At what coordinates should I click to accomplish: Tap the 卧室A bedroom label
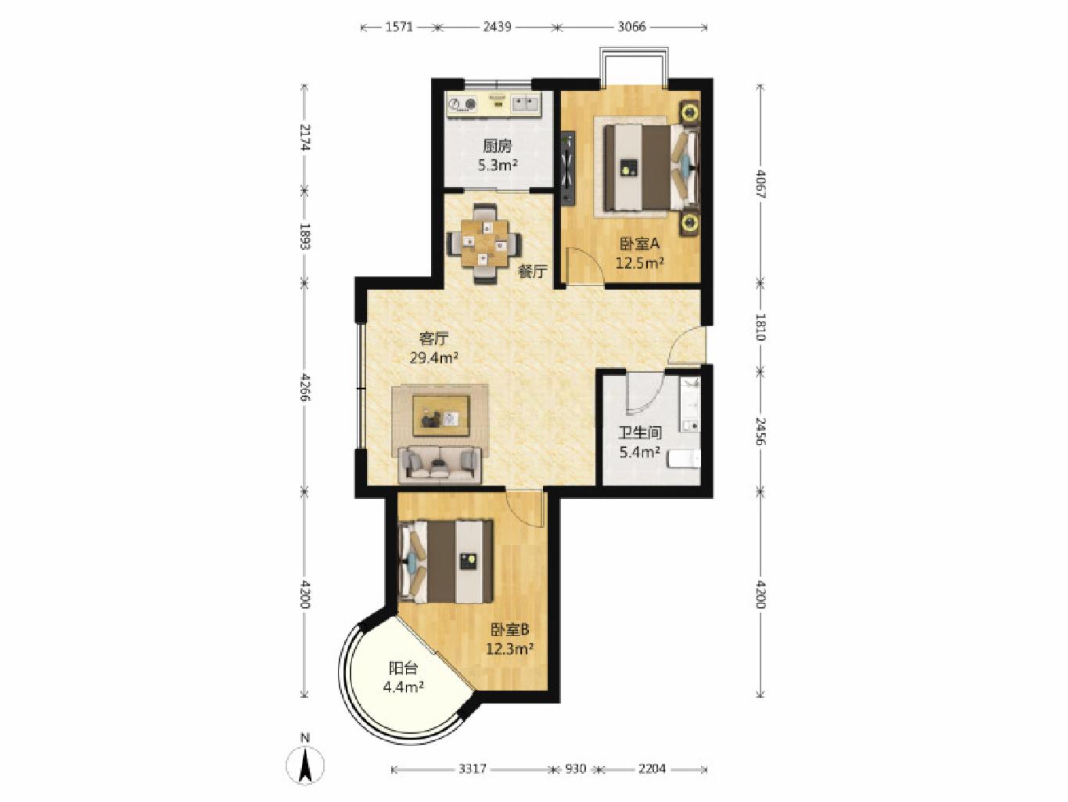639,243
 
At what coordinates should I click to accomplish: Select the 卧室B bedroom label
509,630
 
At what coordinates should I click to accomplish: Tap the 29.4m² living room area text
434,359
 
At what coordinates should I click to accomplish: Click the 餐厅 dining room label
533,272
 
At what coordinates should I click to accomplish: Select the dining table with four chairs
484,244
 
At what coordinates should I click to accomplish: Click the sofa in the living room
440,465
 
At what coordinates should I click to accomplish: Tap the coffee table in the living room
441,416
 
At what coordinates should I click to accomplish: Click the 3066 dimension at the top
631,27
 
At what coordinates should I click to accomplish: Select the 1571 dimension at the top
399,27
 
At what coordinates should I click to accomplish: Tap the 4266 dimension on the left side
305,387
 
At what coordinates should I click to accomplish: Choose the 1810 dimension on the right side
761,327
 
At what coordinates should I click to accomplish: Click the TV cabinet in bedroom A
567,168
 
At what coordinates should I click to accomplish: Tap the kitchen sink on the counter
672,103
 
